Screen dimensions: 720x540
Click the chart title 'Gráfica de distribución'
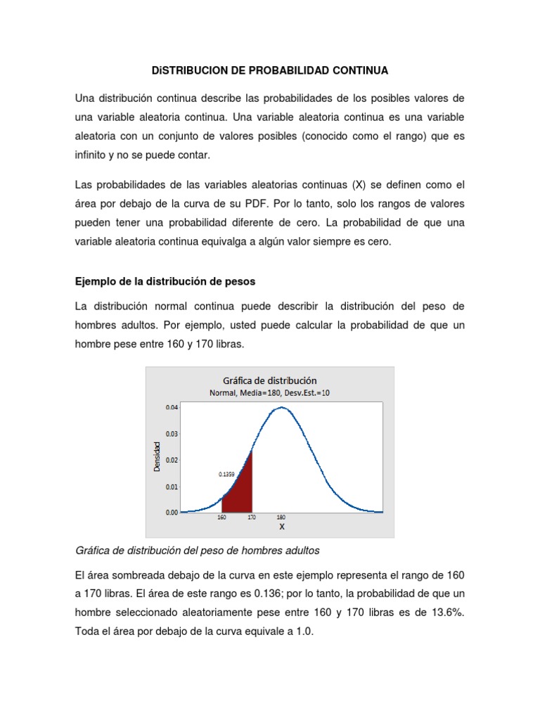coord(269,380)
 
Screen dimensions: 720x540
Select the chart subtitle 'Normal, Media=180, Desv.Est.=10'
coord(269,393)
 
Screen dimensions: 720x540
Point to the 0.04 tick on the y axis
coord(172,407)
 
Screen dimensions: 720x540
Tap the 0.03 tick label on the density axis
coord(172,434)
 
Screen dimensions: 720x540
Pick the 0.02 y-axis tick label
coord(172,460)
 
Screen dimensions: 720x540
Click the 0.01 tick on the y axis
coord(172,487)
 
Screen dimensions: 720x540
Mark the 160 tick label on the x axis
coord(221,517)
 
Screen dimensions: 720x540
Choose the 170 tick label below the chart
coord(252,517)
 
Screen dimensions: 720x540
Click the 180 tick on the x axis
coord(281,517)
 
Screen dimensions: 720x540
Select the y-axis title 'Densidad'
coord(157,456)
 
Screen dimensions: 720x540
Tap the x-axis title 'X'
coord(281,527)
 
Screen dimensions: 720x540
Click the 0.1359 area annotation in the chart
coord(226,474)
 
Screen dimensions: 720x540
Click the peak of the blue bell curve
coord(281,407)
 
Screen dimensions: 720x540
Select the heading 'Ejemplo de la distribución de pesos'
coord(165,281)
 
